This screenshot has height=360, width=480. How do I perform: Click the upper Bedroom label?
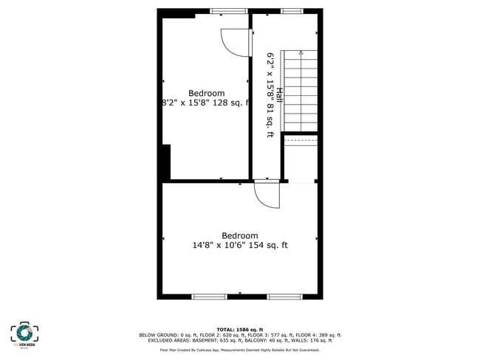point(206,93)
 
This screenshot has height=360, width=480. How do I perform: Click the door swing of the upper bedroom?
point(236,44)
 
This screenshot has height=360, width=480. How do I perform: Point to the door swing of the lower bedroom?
point(267,195)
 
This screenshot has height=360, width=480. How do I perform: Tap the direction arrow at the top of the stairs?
point(301,53)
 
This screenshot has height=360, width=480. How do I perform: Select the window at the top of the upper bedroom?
point(228,11)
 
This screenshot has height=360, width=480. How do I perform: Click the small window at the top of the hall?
point(291,11)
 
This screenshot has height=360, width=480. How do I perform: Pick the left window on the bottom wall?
point(209,297)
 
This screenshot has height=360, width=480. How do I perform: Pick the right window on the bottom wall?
point(284,297)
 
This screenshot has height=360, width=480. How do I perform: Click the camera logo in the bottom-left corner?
point(24,333)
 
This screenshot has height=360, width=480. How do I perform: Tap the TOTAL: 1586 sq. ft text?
point(239,329)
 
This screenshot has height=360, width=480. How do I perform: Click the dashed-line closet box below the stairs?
point(300,139)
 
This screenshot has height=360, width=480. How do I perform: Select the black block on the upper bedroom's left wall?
point(166,162)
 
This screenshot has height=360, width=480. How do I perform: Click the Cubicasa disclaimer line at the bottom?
point(239,350)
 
